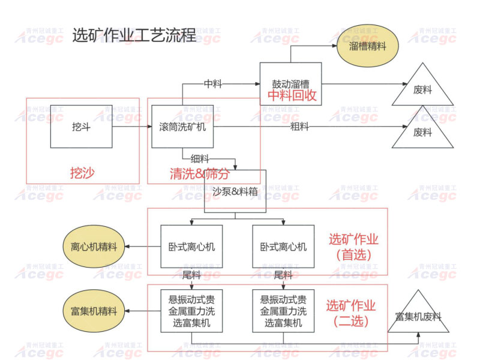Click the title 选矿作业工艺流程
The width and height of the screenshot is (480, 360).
tap(134, 35)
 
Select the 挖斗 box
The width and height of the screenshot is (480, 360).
tap(81, 127)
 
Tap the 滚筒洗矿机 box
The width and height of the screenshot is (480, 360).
tap(182, 127)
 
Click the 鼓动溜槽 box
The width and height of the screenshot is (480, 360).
tap(291, 84)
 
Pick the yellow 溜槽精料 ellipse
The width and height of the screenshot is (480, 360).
tap(367, 46)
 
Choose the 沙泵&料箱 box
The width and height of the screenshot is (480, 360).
tap(235, 191)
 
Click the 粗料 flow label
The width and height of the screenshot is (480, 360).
tap(299, 127)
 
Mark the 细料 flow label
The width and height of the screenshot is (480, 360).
tap(200, 159)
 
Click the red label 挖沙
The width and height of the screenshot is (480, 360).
tap(83, 174)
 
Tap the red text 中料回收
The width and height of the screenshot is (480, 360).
tap(292, 95)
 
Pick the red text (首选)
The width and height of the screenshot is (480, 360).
tap(353, 254)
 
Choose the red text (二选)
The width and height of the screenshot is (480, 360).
tap(351, 321)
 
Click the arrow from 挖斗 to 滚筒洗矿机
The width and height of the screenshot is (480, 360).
tap(131, 127)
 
